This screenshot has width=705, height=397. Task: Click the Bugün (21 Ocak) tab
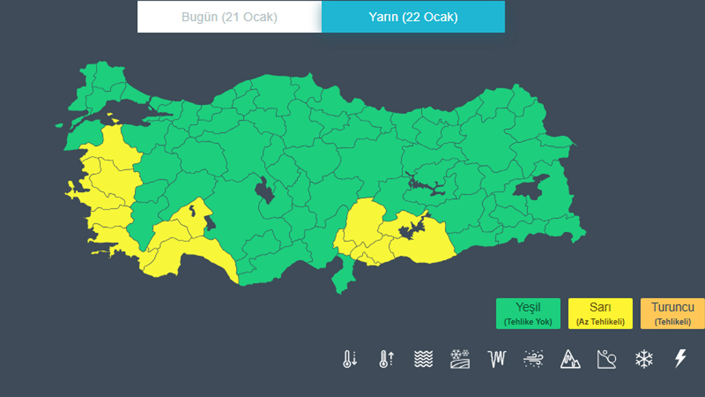point(229,17)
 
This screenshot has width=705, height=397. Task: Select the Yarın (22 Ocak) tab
point(413,17)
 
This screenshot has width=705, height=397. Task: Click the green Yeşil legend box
point(528,313)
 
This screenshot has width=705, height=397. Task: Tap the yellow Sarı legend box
point(600,313)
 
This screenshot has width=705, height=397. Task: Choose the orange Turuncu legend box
point(672,313)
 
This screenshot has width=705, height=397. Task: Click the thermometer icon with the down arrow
point(350,359)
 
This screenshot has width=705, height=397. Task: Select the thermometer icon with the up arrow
point(386,359)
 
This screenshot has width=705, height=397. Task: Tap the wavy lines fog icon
point(423,359)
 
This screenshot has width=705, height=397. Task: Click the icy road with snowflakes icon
point(460,359)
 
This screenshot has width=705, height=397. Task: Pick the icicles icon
point(497,359)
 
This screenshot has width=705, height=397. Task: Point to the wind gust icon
point(533,359)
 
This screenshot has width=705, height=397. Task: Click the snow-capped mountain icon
point(570,359)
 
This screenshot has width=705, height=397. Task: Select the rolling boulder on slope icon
point(607,359)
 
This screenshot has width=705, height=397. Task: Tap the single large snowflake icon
point(644,359)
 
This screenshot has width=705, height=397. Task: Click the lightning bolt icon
point(681,358)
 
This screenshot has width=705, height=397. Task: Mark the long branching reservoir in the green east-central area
point(425,185)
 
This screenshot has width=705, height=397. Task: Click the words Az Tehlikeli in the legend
point(600,322)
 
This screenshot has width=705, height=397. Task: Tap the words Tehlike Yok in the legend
point(528,322)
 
